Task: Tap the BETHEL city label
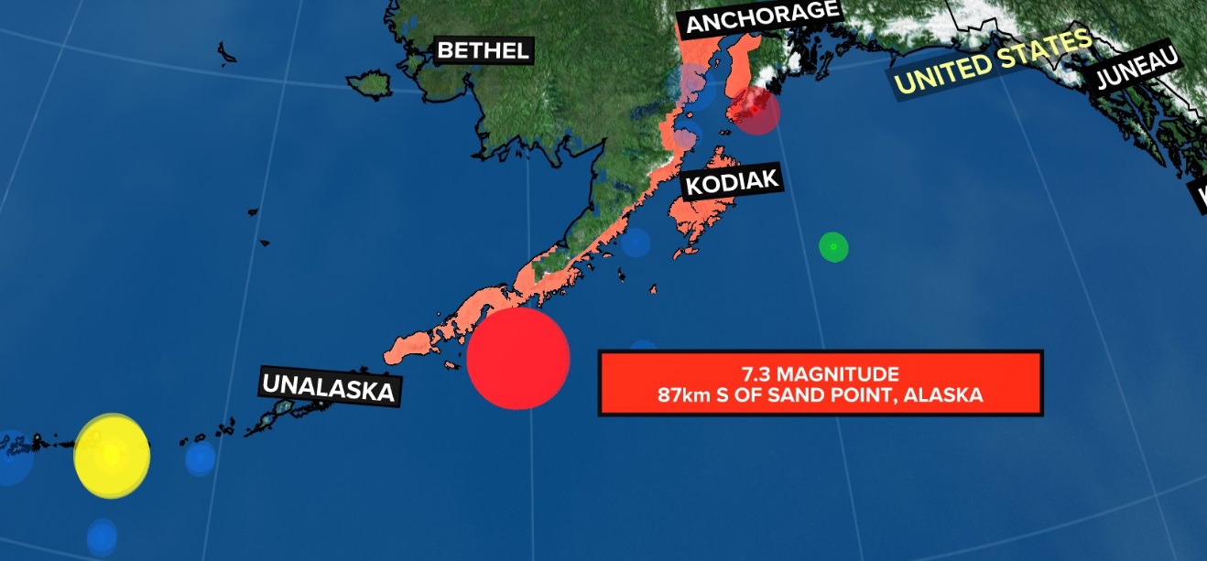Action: pyautogui.click(x=484, y=50)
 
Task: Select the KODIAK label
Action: pyautogui.click(x=733, y=183)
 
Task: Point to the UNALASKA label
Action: pyautogui.click(x=330, y=386)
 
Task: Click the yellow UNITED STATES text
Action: pyautogui.click(x=993, y=61)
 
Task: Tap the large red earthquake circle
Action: pyautogui.click(x=518, y=358)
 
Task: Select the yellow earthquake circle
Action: pyautogui.click(x=112, y=456)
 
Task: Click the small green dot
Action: pyautogui.click(x=833, y=246)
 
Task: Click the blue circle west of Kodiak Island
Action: pyautogui.click(x=635, y=243)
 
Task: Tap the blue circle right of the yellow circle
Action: pyautogui.click(x=200, y=458)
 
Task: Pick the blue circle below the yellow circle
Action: pyautogui.click(x=102, y=535)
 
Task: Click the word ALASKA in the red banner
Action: pyautogui.click(x=951, y=395)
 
